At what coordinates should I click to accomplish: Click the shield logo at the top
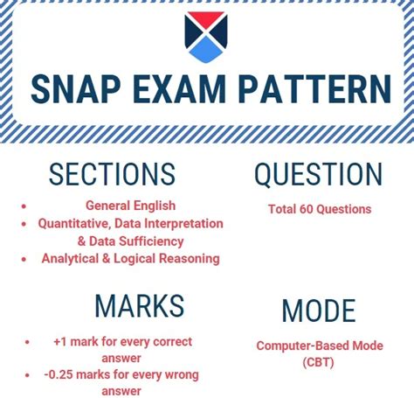pyautogui.click(x=206, y=38)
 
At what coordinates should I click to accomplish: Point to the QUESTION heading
pyautogui.click(x=318, y=174)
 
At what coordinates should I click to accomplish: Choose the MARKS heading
pyautogui.click(x=140, y=306)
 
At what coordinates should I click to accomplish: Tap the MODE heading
pyautogui.click(x=319, y=311)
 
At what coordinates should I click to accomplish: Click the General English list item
pyautogui.click(x=130, y=206)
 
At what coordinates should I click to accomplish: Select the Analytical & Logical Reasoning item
pyautogui.click(x=130, y=258)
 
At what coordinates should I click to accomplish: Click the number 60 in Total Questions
pyautogui.click(x=305, y=209)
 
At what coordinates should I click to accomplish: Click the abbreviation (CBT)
pyautogui.click(x=319, y=361)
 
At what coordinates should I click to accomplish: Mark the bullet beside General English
pyautogui.click(x=23, y=206)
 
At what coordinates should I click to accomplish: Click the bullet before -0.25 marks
pyautogui.click(x=29, y=374)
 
